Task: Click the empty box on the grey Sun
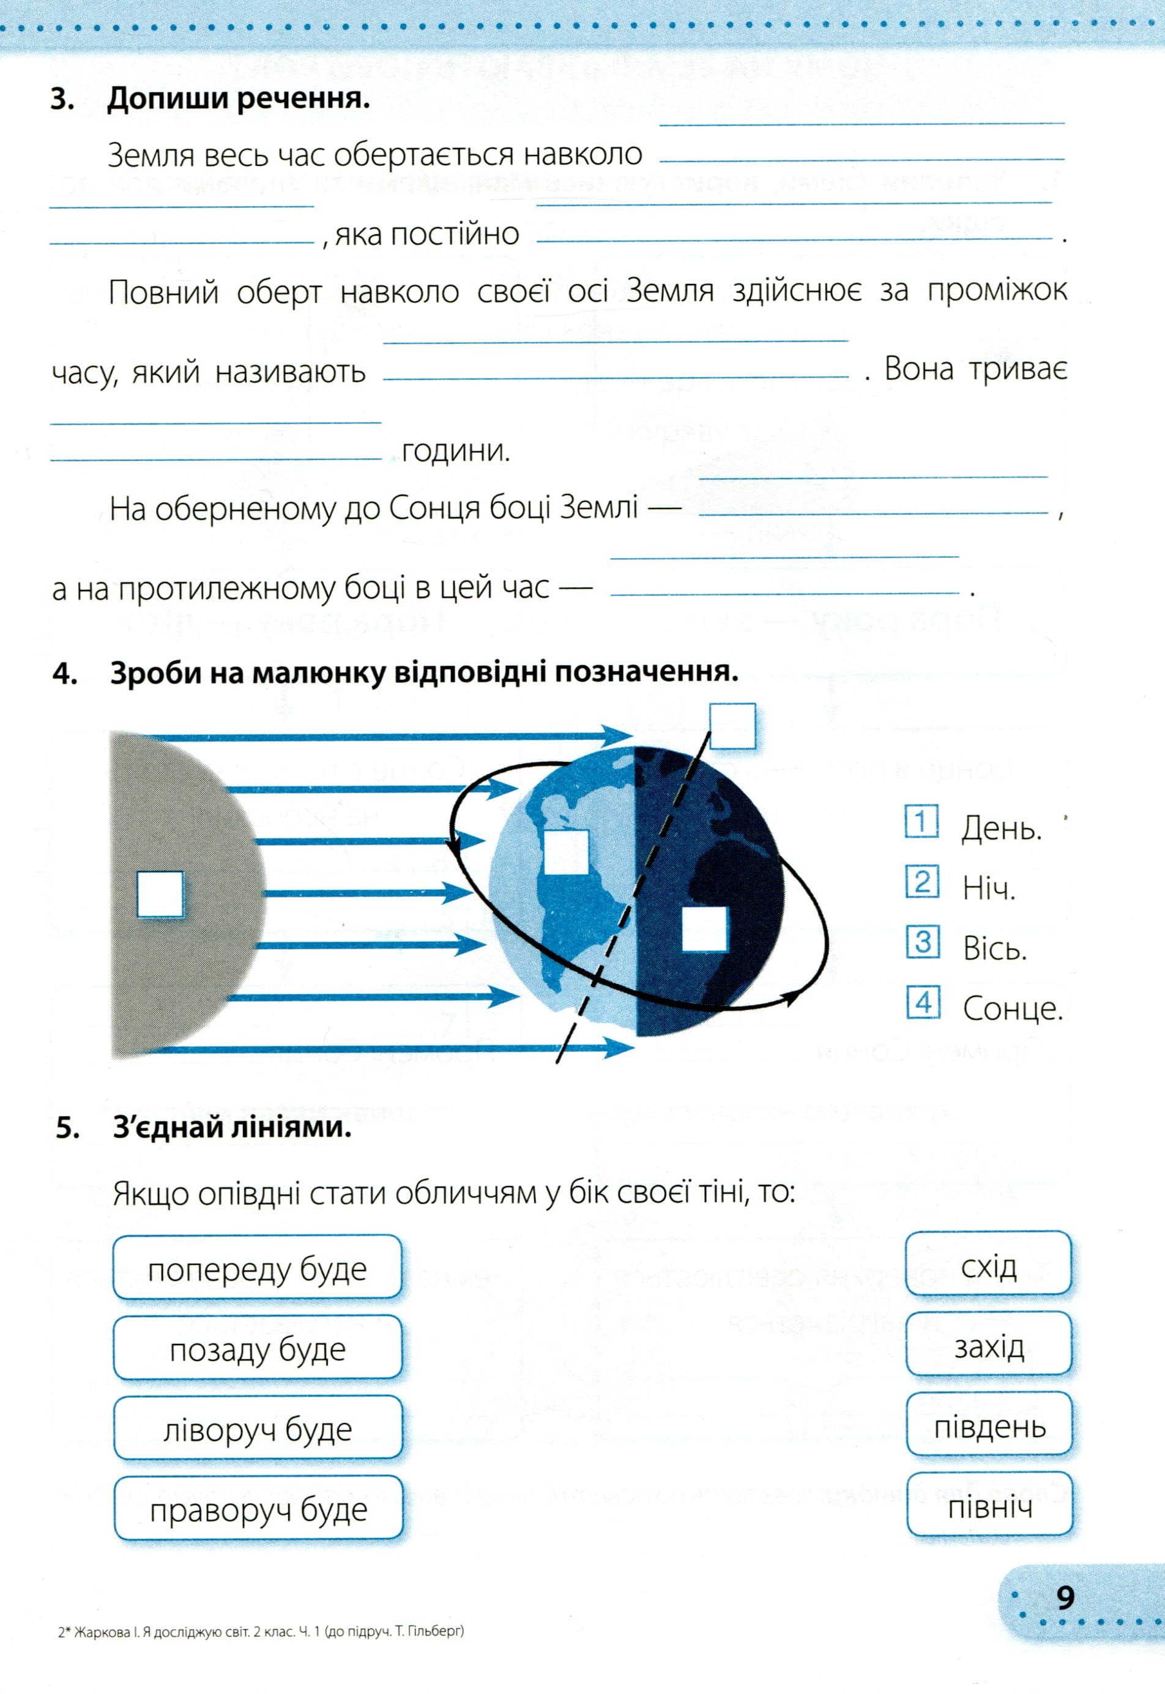(x=160, y=894)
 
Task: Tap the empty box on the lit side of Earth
(x=566, y=851)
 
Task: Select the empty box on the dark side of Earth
(x=704, y=929)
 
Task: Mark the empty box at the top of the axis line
(x=732, y=726)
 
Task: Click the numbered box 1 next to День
(x=921, y=822)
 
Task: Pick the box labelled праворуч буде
(x=258, y=1509)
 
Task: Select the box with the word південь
(x=989, y=1426)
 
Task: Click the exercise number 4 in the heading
(x=64, y=673)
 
